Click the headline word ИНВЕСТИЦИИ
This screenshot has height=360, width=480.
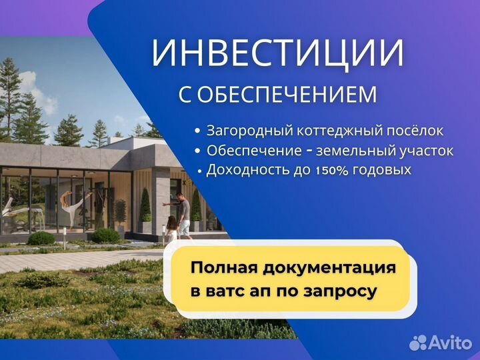pos(277,54)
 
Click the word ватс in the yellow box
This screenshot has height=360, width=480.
pos(237,291)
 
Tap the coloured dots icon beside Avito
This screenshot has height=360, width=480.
pos(418,343)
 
